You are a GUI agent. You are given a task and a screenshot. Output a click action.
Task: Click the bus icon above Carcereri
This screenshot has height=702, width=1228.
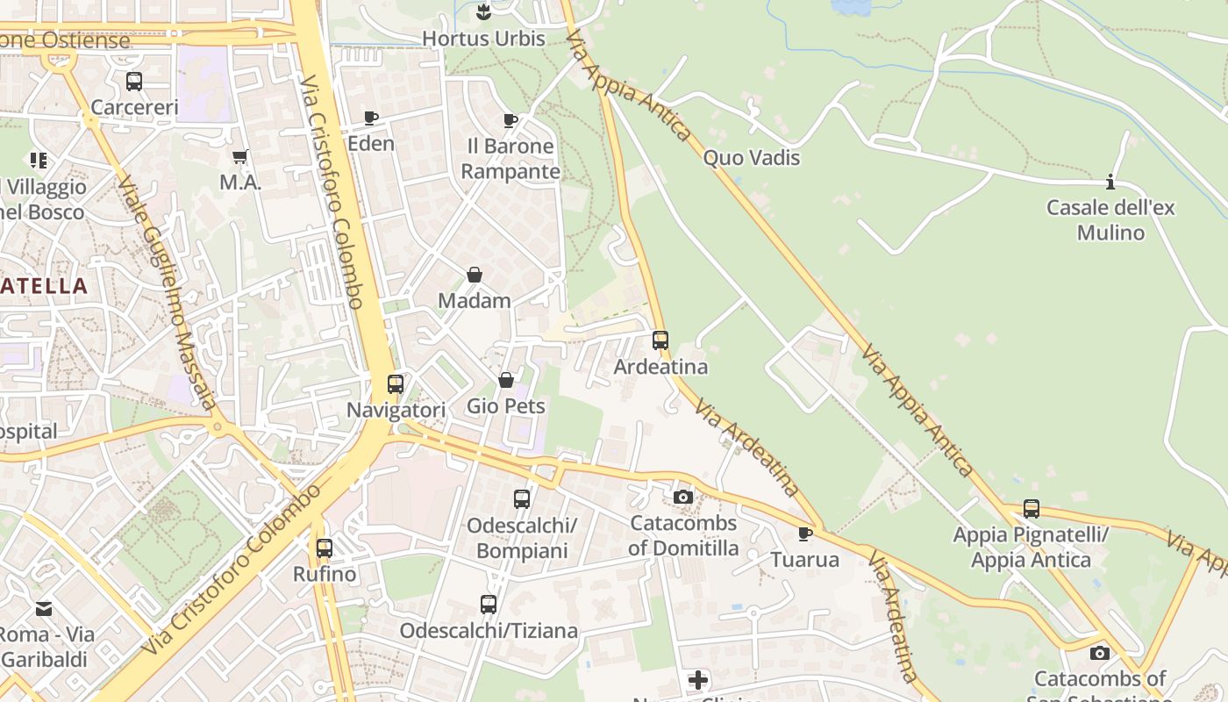tap(134, 82)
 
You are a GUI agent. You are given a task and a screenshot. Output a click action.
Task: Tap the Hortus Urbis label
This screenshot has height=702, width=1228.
tap(483, 39)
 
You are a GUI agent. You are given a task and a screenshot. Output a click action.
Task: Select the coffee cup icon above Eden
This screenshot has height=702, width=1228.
tap(371, 118)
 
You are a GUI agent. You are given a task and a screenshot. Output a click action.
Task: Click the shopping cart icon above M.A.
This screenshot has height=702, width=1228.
tap(240, 157)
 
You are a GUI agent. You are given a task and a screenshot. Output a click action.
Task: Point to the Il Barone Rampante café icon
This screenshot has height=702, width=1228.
tap(510, 120)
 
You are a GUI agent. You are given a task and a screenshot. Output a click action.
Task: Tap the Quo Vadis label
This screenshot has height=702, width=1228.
tap(752, 158)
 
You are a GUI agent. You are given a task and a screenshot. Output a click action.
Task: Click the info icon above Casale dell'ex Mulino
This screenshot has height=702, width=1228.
tap(1110, 183)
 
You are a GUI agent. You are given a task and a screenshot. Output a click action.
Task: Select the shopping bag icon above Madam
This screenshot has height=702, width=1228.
tap(475, 275)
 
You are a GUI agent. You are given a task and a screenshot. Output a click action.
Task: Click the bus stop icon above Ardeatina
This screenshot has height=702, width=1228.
tap(660, 340)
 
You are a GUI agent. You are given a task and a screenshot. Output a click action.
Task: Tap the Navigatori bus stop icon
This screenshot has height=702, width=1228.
tap(396, 384)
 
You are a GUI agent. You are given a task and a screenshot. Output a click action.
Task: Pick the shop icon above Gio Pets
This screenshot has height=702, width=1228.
tap(506, 380)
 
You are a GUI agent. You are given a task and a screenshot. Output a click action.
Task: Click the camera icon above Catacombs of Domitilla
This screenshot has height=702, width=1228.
tap(683, 498)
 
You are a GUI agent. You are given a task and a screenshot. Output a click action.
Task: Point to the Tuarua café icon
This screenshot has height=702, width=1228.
tap(805, 534)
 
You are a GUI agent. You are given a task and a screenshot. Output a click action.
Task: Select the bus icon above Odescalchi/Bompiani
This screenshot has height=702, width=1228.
tap(522, 499)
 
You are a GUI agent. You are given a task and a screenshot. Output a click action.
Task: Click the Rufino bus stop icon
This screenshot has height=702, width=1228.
tap(325, 548)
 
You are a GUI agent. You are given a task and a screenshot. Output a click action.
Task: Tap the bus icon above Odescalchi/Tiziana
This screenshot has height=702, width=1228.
tap(489, 605)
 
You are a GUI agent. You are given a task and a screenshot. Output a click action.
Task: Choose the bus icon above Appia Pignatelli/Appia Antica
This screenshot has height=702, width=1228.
tap(1032, 509)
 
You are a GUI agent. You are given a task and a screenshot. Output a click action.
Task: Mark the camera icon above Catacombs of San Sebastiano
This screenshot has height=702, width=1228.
tap(1100, 653)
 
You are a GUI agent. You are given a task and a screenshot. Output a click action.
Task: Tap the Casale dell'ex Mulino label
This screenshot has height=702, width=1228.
tap(1110, 220)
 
